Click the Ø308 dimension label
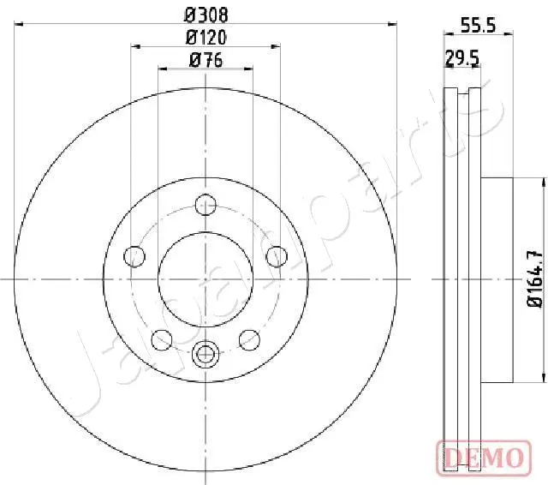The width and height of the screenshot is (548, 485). pos(205,15)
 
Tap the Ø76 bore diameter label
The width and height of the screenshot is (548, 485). pos(205,59)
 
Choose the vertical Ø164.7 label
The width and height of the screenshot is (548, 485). pos(532,278)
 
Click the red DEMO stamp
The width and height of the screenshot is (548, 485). pos(482,458)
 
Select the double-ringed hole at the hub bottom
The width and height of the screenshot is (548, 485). pos(205,352)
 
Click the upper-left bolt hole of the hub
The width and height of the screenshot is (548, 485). pos(134,255)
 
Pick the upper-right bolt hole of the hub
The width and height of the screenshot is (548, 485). pos(276,255)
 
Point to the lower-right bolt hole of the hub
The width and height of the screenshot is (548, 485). pos(249,339)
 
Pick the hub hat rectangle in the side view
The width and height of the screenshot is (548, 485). pos(497,278)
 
